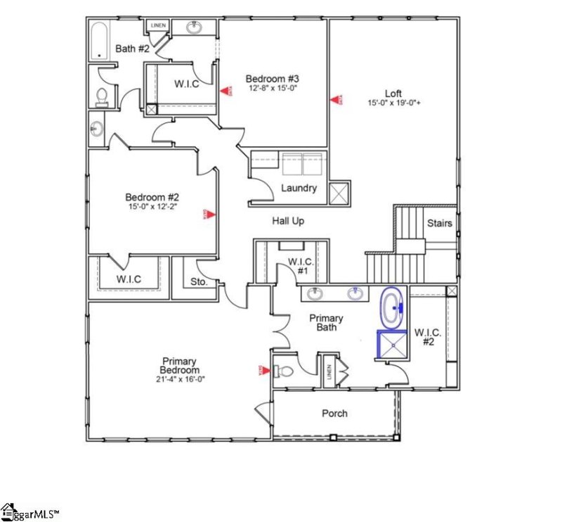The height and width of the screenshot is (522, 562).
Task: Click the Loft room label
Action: click(393, 93)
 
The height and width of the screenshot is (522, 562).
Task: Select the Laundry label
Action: click(299, 188)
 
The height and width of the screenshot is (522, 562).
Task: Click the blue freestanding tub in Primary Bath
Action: click(392, 308)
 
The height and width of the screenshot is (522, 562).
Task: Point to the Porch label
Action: click(334, 413)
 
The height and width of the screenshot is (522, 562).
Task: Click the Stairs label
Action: click(440, 224)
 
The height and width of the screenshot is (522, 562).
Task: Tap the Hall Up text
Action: click(288, 221)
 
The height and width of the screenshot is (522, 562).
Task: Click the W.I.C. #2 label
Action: click(427, 337)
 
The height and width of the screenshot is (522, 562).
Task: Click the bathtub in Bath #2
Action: click(99, 42)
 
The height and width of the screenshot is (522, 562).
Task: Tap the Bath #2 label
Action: click(131, 49)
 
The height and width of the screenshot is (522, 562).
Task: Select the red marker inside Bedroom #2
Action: click(208, 214)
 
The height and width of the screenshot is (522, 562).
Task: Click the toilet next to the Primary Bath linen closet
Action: click(285, 370)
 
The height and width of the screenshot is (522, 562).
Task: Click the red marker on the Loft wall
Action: click(335, 100)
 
